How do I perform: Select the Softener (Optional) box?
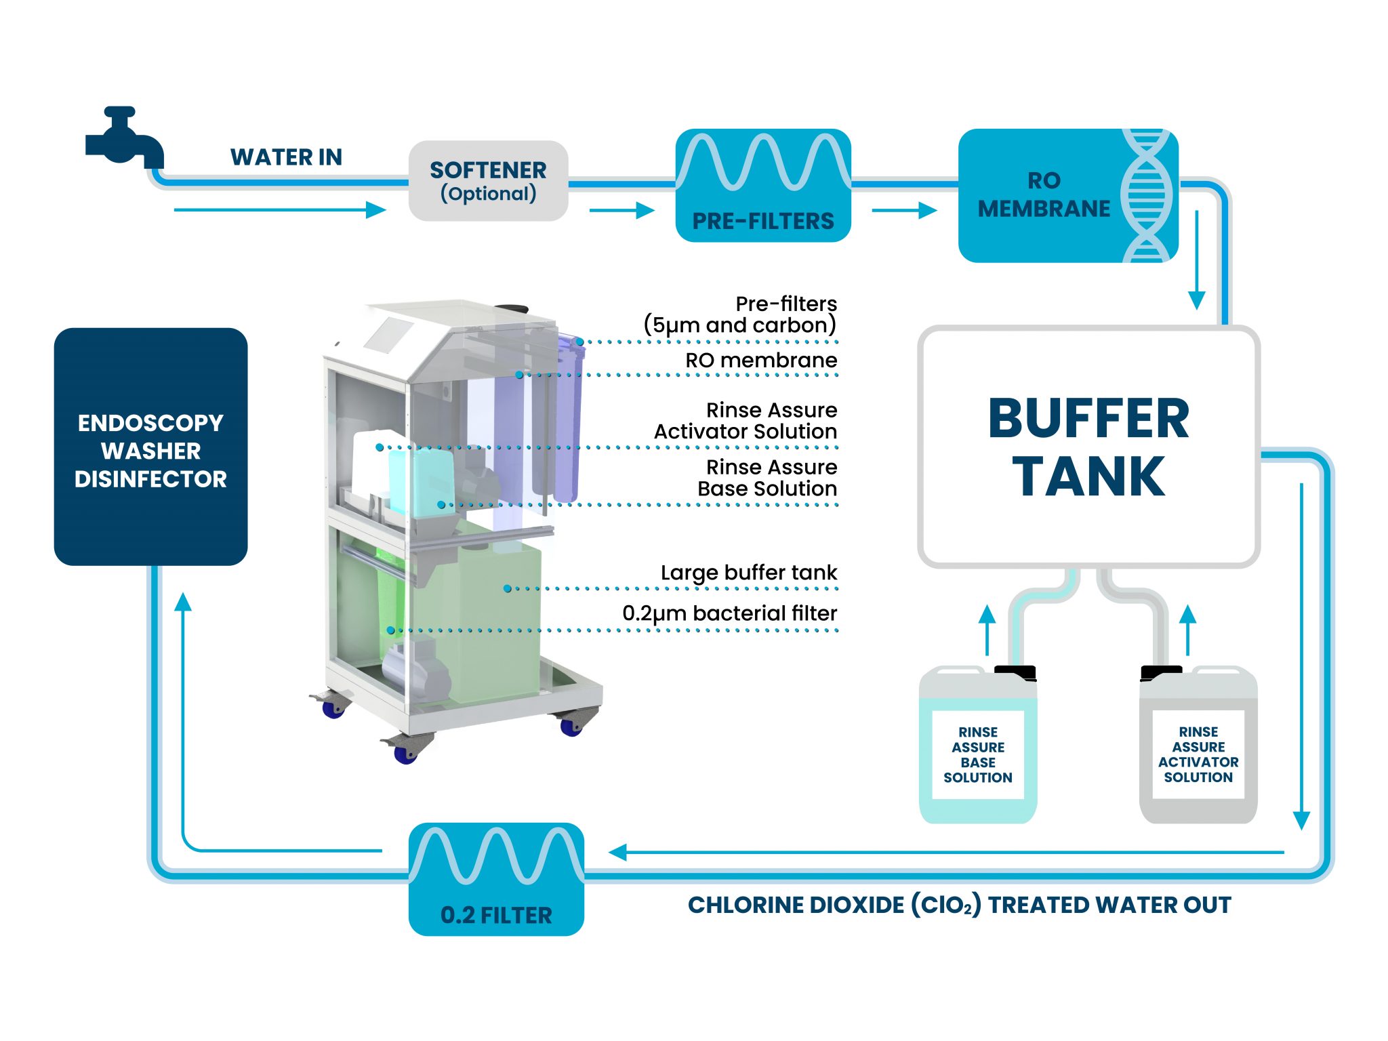click(x=488, y=181)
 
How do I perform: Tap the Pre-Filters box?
click(x=763, y=185)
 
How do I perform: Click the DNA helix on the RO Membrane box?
click(x=1146, y=195)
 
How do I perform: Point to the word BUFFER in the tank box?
click(x=1088, y=419)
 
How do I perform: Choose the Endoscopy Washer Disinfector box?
click(x=150, y=447)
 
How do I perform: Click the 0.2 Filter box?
click(x=496, y=879)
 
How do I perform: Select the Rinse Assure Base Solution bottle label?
click(x=978, y=754)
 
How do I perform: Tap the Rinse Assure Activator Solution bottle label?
click(x=1198, y=754)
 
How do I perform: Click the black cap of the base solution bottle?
click(x=1015, y=673)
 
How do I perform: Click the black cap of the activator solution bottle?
click(x=1161, y=673)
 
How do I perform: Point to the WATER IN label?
click(x=286, y=157)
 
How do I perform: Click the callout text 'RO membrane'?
click(x=761, y=361)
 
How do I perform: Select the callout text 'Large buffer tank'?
click(x=749, y=573)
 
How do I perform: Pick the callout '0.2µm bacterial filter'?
click(x=729, y=613)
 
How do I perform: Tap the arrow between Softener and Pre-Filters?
click(x=621, y=211)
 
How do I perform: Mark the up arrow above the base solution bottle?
click(x=987, y=630)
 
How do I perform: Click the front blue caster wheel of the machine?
click(x=405, y=754)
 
